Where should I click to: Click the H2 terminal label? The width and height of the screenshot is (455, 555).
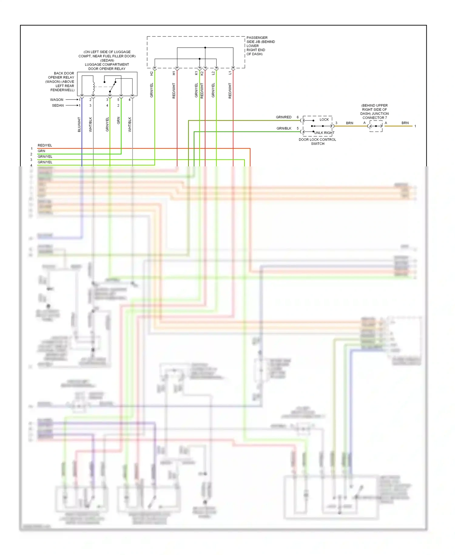151,73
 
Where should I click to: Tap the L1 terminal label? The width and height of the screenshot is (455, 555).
230,73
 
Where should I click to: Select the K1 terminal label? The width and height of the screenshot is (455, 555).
196,73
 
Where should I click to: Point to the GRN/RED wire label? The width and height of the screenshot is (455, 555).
284,117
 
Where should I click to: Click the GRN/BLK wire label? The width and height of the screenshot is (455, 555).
284,128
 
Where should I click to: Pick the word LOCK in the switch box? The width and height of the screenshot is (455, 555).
324,120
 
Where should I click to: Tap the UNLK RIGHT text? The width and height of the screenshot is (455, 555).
324,133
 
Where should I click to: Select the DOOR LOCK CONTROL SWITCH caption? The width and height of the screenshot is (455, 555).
317,142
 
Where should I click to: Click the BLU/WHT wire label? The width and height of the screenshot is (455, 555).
79,124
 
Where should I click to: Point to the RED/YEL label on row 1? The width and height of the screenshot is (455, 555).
45,145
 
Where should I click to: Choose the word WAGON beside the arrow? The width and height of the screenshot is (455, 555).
57,100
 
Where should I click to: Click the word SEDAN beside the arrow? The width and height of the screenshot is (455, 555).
58,105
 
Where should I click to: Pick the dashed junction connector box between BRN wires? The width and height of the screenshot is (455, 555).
376,126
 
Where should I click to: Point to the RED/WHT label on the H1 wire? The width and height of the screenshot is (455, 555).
174,90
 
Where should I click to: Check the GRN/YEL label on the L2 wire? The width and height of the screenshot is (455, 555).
213,90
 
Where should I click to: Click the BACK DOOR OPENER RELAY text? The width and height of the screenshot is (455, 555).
62,82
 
